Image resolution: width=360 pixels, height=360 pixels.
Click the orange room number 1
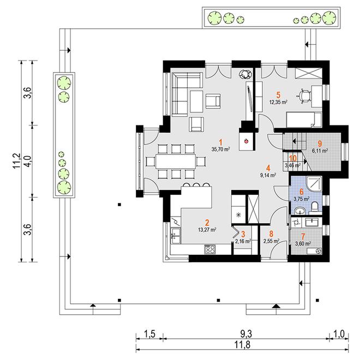[x=221, y=142]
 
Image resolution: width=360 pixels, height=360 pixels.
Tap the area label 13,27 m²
[x=207, y=229]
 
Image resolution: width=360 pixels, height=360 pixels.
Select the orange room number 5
[x=279, y=95]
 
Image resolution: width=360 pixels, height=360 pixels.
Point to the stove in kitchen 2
[x=210, y=249]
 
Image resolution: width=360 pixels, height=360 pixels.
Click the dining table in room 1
[x=176, y=161]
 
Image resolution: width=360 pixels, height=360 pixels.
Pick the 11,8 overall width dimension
[x=242, y=344]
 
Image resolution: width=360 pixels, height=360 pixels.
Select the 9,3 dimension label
[x=247, y=334]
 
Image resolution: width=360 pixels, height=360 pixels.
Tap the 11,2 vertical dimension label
[x=17, y=161]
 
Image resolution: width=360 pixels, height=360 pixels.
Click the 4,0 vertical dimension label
[x=27, y=161]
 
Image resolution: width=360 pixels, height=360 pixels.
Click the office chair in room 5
[x=304, y=96]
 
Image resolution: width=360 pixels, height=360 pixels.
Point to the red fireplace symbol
[x=247, y=141]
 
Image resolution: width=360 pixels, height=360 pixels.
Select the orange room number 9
[x=320, y=143]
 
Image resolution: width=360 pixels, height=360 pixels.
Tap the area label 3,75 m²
[x=301, y=199]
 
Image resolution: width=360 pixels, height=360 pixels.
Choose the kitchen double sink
[x=176, y=236]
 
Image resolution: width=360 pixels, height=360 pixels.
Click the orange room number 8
[x=272, y=233]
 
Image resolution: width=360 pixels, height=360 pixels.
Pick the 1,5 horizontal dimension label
[x=151, y=334]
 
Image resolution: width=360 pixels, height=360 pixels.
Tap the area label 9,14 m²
[x=268, y=175]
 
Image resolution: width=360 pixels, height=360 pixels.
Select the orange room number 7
[x=303, y=236]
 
